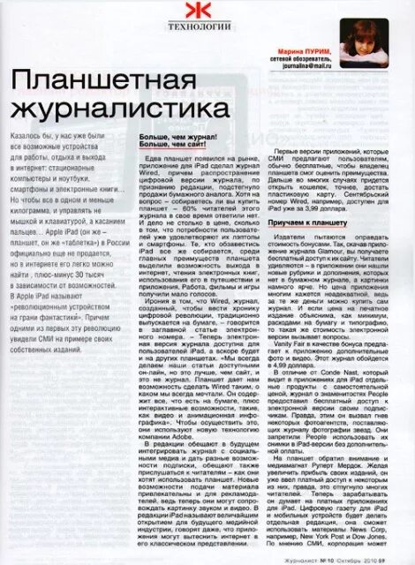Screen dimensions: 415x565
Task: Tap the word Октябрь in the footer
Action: coord(360,555)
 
